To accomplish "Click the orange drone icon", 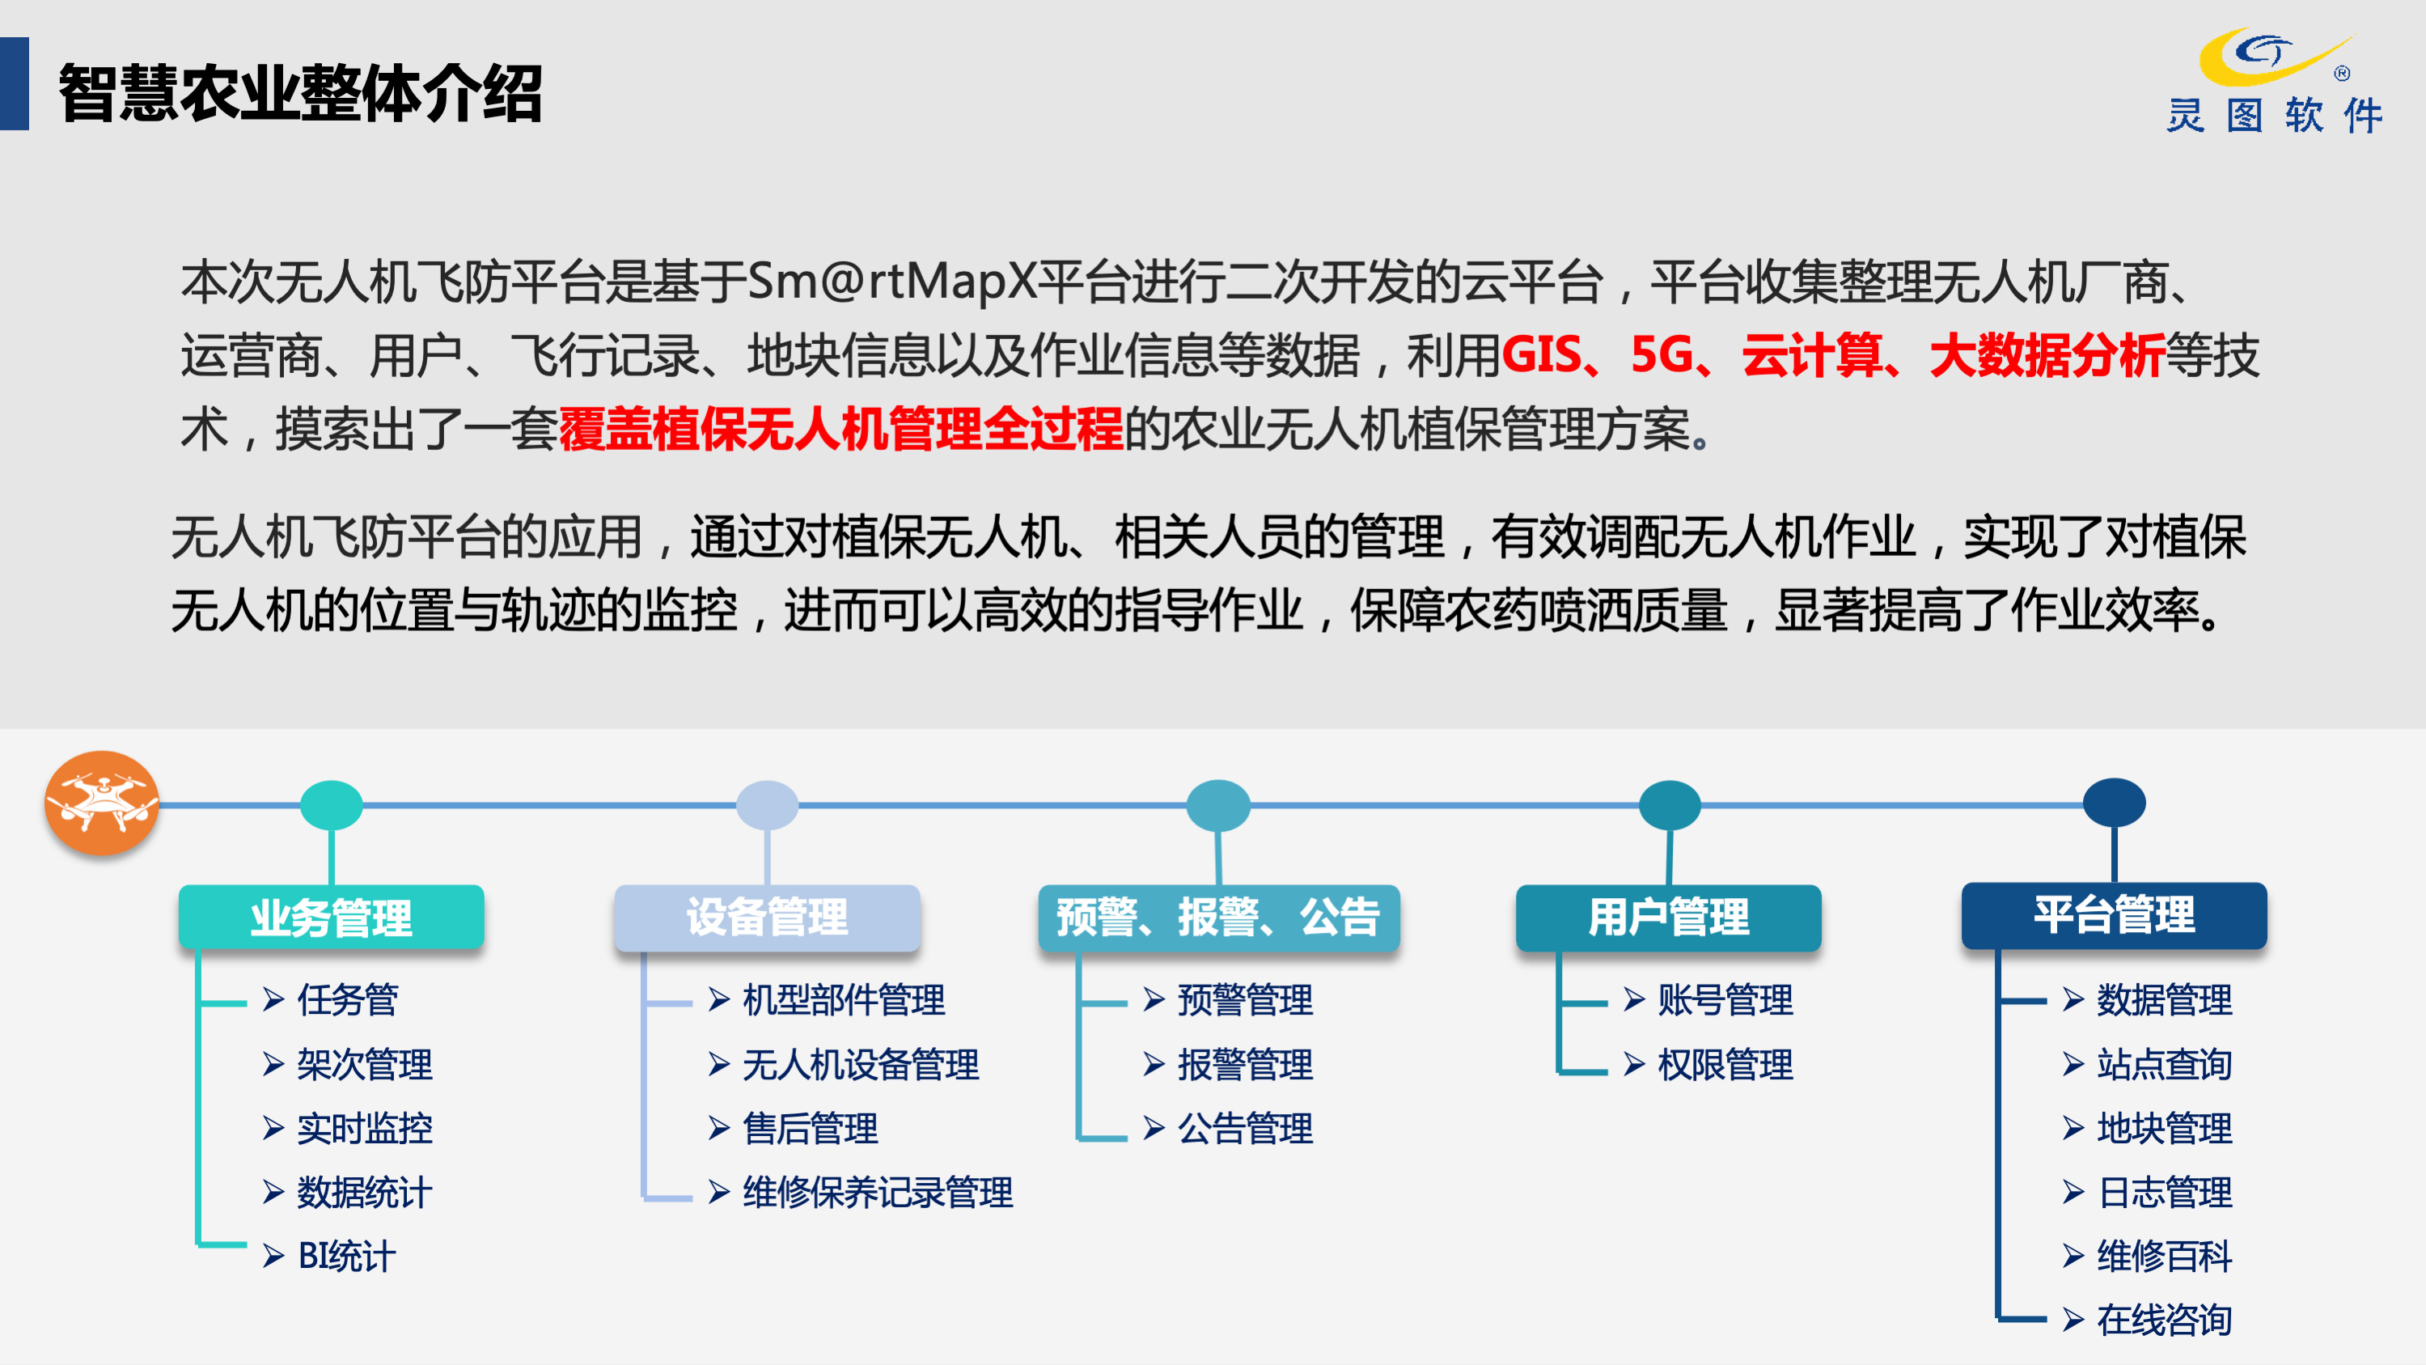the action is click(x=102, y=803).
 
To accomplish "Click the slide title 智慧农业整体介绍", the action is click(x=300, y=92).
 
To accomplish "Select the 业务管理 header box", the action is click(x=332, y=917).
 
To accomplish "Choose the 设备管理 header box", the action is click(x=767, y=917).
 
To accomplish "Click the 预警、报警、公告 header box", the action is click(x=1218, y=917).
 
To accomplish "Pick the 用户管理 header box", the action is click(x=1668, y=917).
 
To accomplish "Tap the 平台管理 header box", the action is click(x=2115, y=914).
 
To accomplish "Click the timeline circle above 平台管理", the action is click(x=2115, y=803).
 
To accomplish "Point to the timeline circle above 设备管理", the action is click(x=767, y=804).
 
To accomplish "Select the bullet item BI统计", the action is click(x=346, y=1256).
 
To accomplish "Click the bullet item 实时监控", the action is click(x=365, y=1128).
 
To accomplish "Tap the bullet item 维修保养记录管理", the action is click(x=878, y=1192).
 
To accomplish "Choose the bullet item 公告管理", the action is click(x=1245, y=1128).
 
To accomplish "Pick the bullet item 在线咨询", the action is click(x=2164, y=1320).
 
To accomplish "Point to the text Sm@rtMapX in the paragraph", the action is click(x=891, y=281).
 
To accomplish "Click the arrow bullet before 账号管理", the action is click(x=1634, y=999).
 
